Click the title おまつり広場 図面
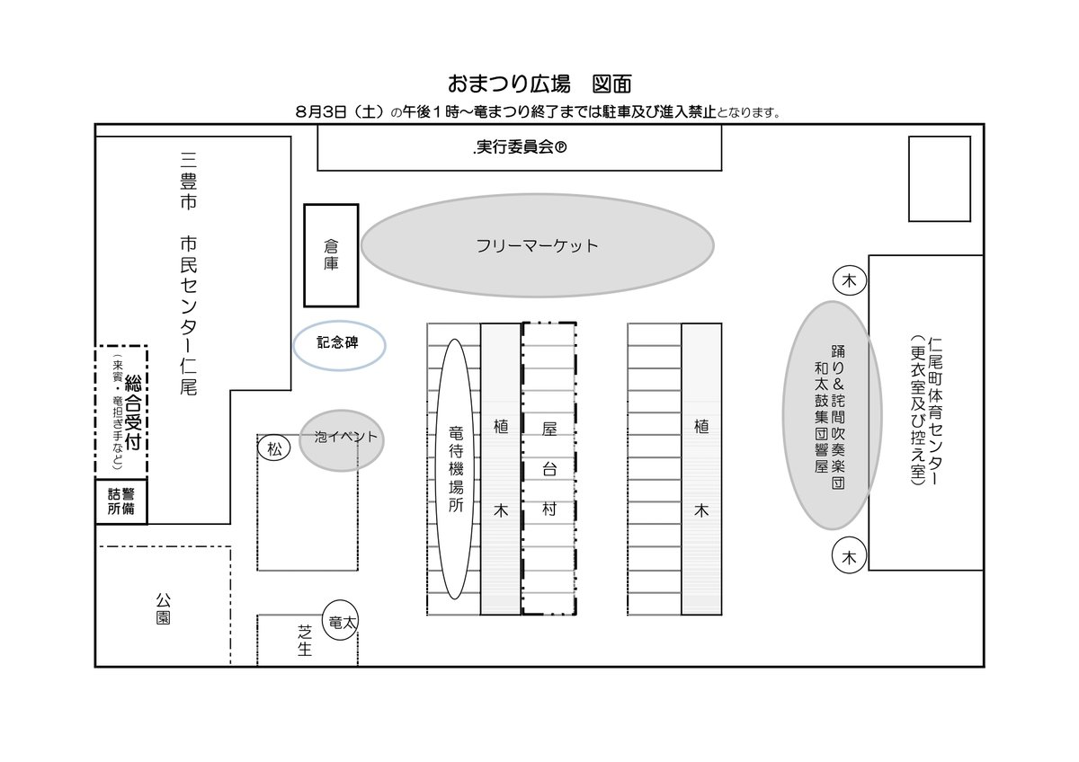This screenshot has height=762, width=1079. [539, 84]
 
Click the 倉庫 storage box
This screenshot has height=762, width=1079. [331, 254]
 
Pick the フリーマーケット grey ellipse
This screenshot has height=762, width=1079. [537, 245]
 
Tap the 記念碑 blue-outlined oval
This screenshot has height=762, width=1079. [340, 345]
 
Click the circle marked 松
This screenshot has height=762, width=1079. [275, 448]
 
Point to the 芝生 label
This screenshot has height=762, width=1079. [305, 640]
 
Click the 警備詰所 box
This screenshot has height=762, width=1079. [121, 501]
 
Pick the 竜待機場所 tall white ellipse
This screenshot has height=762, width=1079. [455, 467]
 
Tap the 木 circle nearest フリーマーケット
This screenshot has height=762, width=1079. [849, 282]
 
